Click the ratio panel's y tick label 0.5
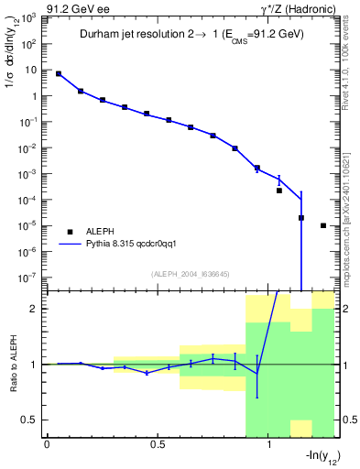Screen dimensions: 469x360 29,420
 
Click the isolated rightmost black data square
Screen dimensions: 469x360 323,225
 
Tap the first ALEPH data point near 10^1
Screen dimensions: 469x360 59,73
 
